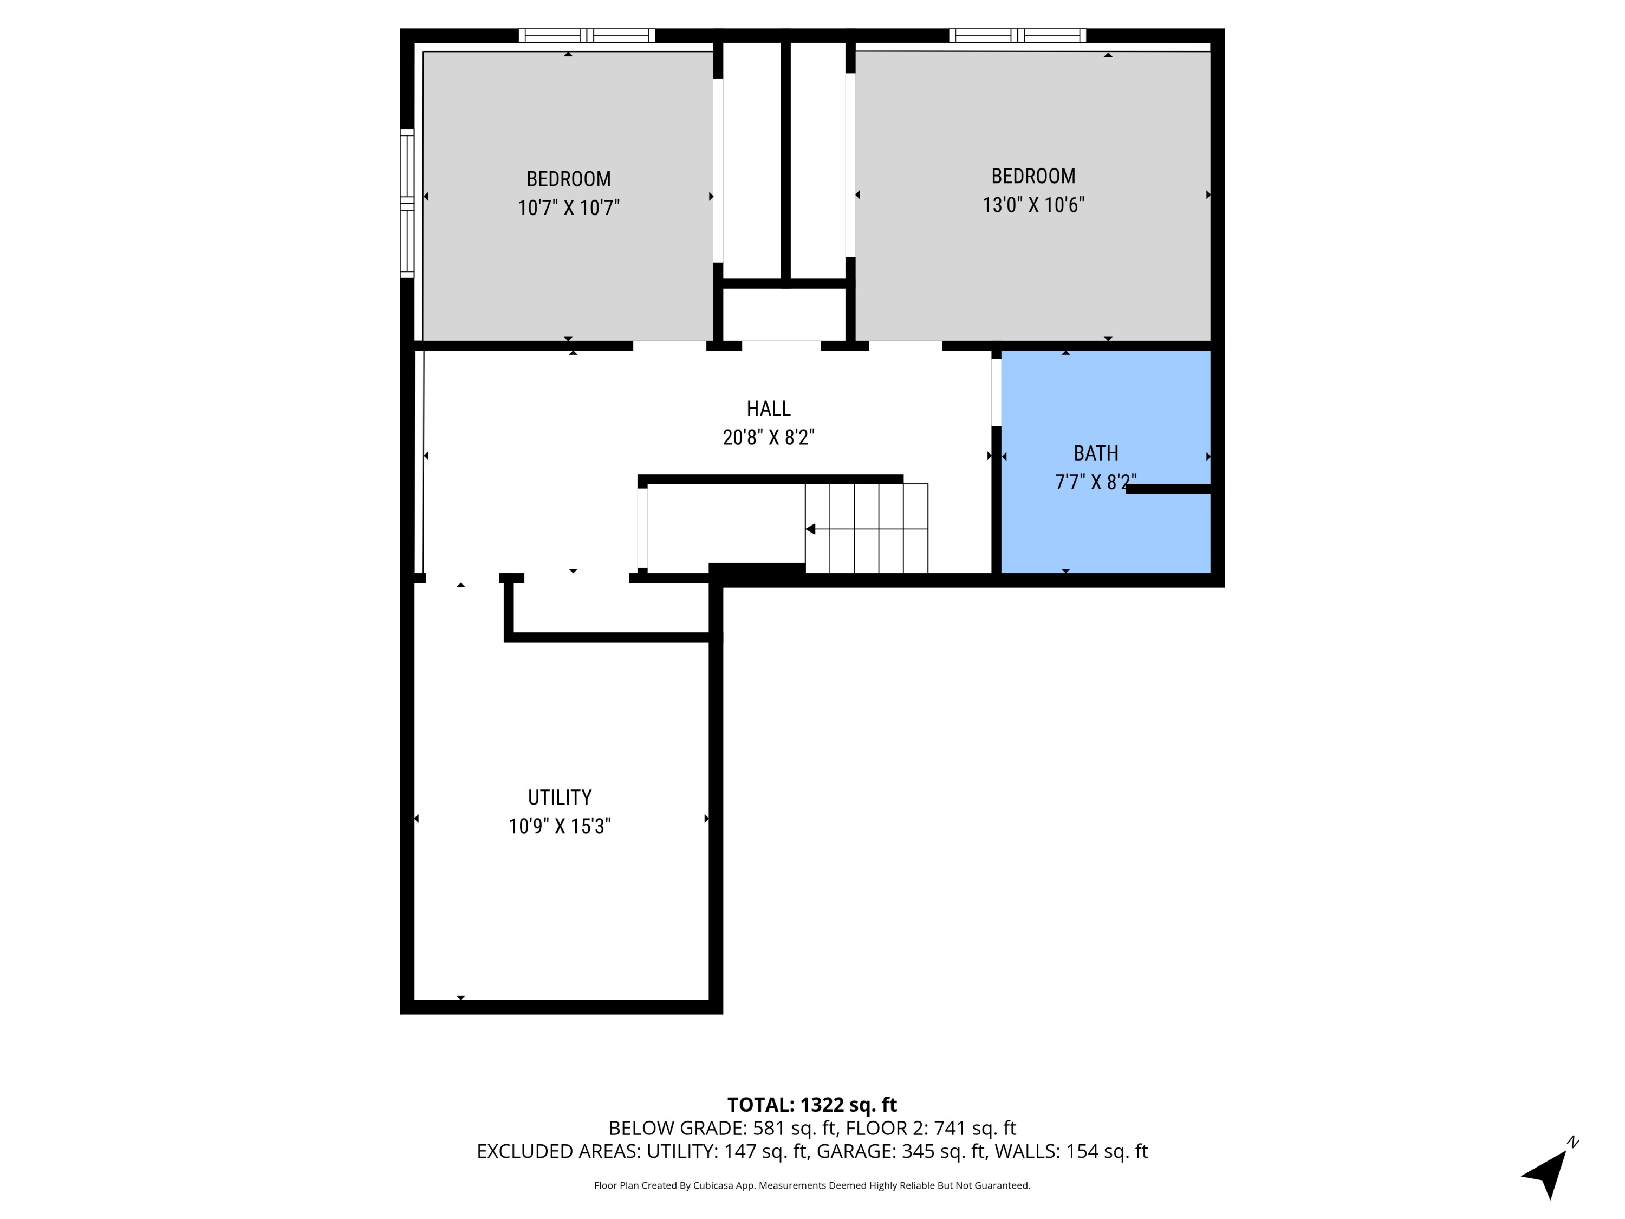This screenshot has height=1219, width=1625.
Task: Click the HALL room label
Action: (x=769, y=409)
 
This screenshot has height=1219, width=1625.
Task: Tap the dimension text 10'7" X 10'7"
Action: (x=569, y=208)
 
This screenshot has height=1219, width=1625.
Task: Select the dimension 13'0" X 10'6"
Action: (x=1033, y=205)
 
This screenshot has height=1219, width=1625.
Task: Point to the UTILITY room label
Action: (x=559, y=797)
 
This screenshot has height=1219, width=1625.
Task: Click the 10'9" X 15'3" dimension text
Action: (x=559, y=827)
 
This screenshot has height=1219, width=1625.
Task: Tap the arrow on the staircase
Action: (x=811, y=529)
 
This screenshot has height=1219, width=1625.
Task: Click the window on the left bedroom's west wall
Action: (x=407, y=204)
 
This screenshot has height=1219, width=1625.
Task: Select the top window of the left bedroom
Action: (x=586, y=35)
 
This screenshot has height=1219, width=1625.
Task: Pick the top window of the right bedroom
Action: (x=1017, y=35)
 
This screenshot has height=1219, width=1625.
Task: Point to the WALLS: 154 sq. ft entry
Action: (x=1070, y=1151)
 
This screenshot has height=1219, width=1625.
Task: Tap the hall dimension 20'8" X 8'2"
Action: (x=769, y=438)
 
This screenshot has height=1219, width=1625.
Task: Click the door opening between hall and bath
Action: (x=996, y=392)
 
